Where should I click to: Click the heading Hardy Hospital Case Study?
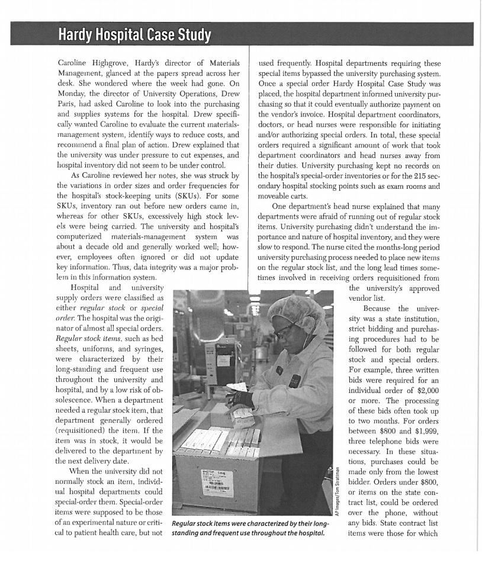[134, 36]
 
